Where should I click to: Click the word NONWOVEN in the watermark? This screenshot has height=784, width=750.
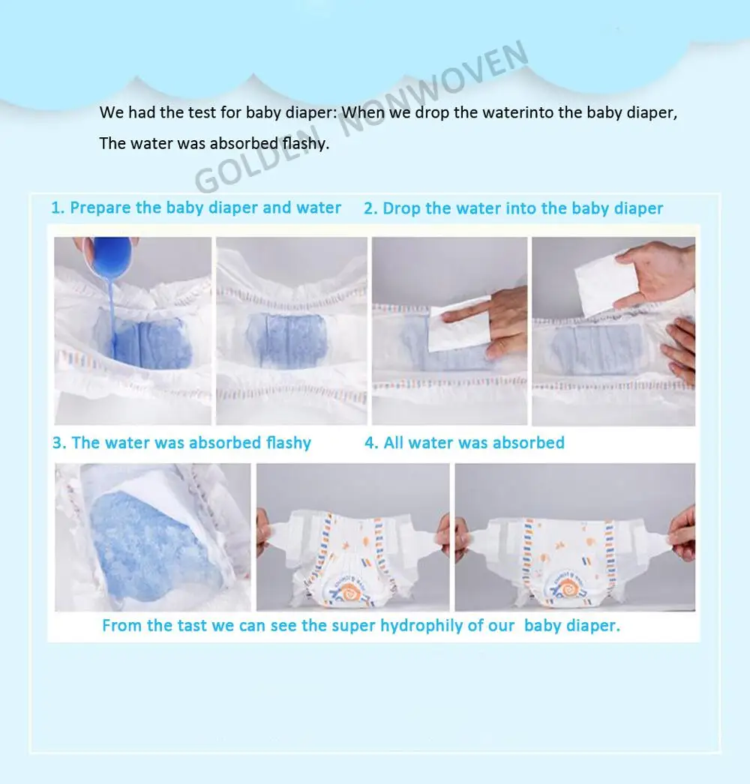[433, 90]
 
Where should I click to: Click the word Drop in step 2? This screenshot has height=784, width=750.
[401, 208]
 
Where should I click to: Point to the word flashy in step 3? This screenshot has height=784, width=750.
[288, 443]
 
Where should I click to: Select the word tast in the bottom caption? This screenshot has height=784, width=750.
[190, 626]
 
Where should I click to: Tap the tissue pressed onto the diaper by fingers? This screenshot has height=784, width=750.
[459, 325]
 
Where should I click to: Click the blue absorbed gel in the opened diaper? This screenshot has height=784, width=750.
[150, 546]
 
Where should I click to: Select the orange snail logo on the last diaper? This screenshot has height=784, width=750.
[568, 587]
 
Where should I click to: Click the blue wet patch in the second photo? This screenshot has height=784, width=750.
[287, 341]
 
